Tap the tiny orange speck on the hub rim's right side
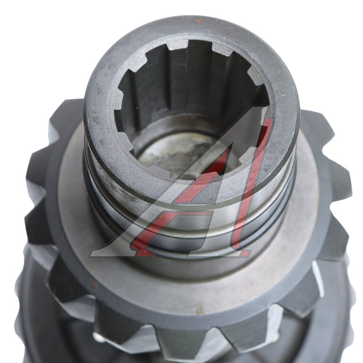pyautogui.click(x=283, y=95)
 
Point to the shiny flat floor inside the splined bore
pyautogui.click(x=185, y=150)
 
